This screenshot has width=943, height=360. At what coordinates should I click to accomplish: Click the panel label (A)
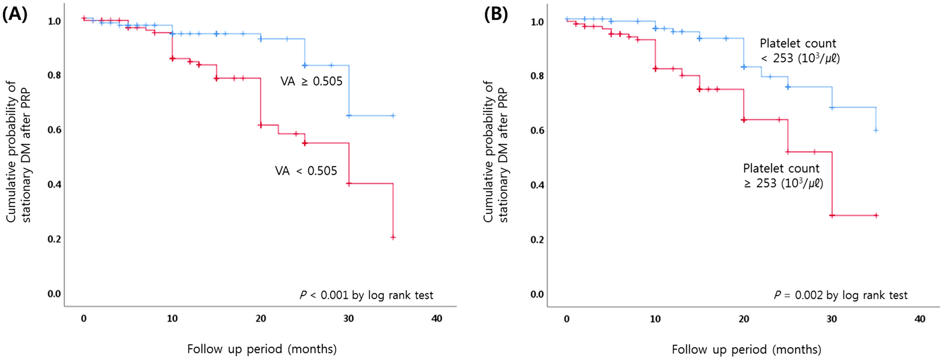pyautogui.click(x=15, y=15)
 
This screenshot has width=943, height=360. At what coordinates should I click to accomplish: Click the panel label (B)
pyautogui.click(x=496, y=15)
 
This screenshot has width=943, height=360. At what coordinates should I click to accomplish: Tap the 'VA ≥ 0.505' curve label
pyautogui.click(x=312, y=81)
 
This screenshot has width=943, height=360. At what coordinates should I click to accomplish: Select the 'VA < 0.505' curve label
pyautogui.click(x=306, y=171)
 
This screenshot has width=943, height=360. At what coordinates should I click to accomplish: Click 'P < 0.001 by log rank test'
pyautogui.click(x=366, y=295)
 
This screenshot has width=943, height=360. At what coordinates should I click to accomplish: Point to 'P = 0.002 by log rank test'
pyautogui.click(x=841, y=295)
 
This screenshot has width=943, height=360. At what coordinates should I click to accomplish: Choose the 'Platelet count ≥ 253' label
pyautogui.click(x=783, y=176)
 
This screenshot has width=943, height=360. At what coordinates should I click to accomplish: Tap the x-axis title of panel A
pyautogui.click(x=262, y=349)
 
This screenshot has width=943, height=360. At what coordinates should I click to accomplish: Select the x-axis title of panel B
pyautogui.click(x=746, y=350)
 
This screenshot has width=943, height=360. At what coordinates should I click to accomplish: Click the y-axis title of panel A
pyautogui.click(x=18, y=152)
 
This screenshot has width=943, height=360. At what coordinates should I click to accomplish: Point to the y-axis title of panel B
pyautogui.click(x=495, y=152)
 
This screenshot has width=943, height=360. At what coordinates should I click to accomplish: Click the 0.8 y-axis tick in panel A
pyautogui.click(x=55, y=75)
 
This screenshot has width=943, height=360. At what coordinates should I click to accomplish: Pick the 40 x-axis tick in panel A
pyautogui.click(x=437, y=319)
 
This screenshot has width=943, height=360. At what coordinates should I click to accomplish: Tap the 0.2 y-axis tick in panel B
pyautogui.click(x=538, y=240)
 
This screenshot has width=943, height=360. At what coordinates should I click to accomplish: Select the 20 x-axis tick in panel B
pyautogui.click(x=744, y=319)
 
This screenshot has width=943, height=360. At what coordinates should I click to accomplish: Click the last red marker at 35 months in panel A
pyautogui.click(x=393, y=237)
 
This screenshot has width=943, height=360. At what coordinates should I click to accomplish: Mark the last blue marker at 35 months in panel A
pyautogui.click(x=393, y=115)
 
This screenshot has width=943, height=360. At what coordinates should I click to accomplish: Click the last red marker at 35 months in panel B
pyautogui.click(x=876, y=216)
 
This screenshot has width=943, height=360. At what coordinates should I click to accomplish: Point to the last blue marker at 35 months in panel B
pyautogui.click(x=876, y=130)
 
